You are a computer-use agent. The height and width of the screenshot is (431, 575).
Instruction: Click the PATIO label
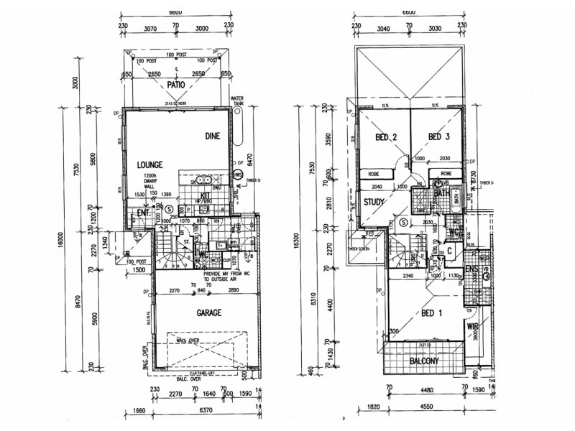pyautogui.click(x=177, y=85)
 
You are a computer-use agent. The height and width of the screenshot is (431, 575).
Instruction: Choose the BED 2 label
pyautogui.click(x=387, y=137)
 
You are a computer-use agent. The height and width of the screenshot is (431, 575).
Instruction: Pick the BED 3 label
pyautogui.click(x=438, y=137)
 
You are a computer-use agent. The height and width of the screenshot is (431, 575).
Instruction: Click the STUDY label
pyautogui.click(x=374, y=202)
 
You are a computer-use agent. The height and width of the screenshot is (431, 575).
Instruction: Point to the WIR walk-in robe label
pyautogui.click(x=473, y=328)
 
